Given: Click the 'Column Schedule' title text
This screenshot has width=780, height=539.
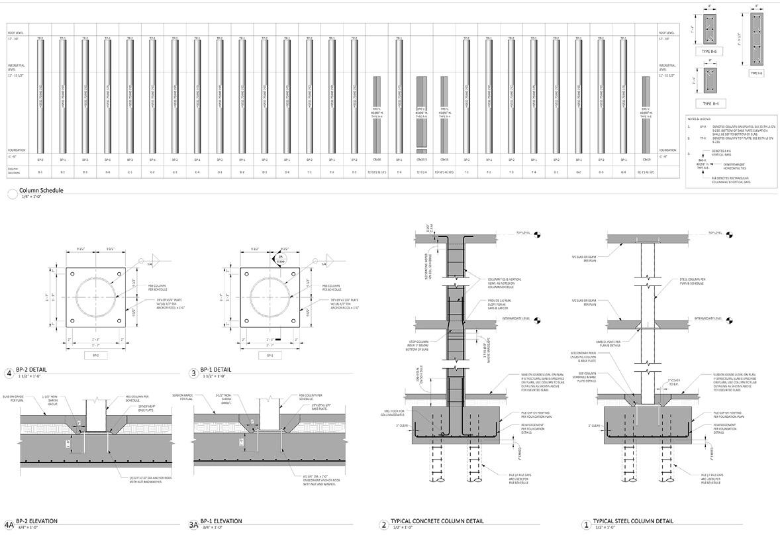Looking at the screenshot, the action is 41,191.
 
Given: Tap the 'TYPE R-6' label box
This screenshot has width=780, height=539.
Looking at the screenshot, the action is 712,51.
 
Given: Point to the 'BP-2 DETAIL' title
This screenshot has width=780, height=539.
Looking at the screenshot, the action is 31,369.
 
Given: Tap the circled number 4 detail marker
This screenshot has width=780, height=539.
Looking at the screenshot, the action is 9,373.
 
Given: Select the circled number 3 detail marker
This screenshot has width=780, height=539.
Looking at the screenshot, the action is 194,373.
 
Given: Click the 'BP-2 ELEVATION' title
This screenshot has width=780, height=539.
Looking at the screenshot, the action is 36,521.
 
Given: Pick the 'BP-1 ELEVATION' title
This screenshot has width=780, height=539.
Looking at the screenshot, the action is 221,521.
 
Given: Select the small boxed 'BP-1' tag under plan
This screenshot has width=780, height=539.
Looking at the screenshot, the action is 270,356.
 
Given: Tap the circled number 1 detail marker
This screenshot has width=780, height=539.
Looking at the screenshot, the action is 585,525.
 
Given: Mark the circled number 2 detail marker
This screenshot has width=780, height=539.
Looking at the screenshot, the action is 383,525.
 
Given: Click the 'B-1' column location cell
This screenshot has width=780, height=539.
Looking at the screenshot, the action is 40,172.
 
